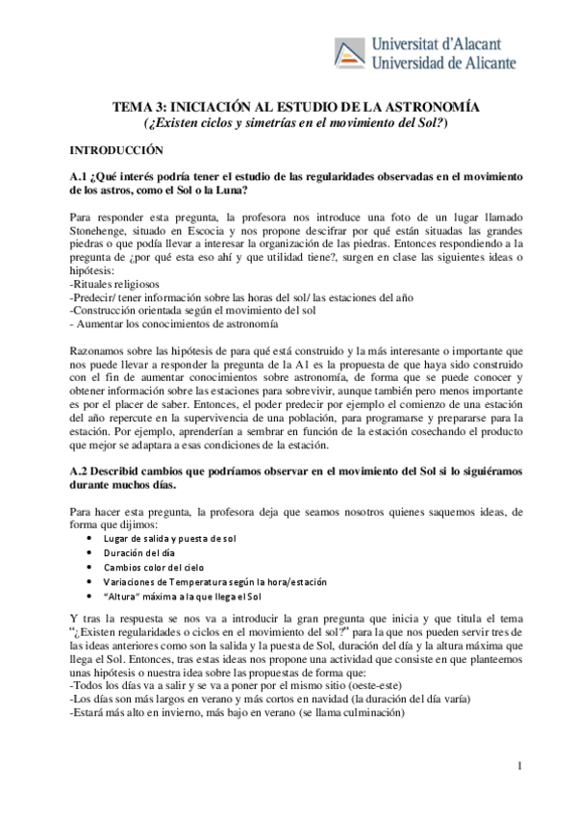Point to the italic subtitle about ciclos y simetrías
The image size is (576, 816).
coord(295,124)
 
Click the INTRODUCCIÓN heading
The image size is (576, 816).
coord(116,151)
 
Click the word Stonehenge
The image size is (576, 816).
coord(104,232)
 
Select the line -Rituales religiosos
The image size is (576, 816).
coord(115,285)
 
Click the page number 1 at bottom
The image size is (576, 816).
coord(518,766)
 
